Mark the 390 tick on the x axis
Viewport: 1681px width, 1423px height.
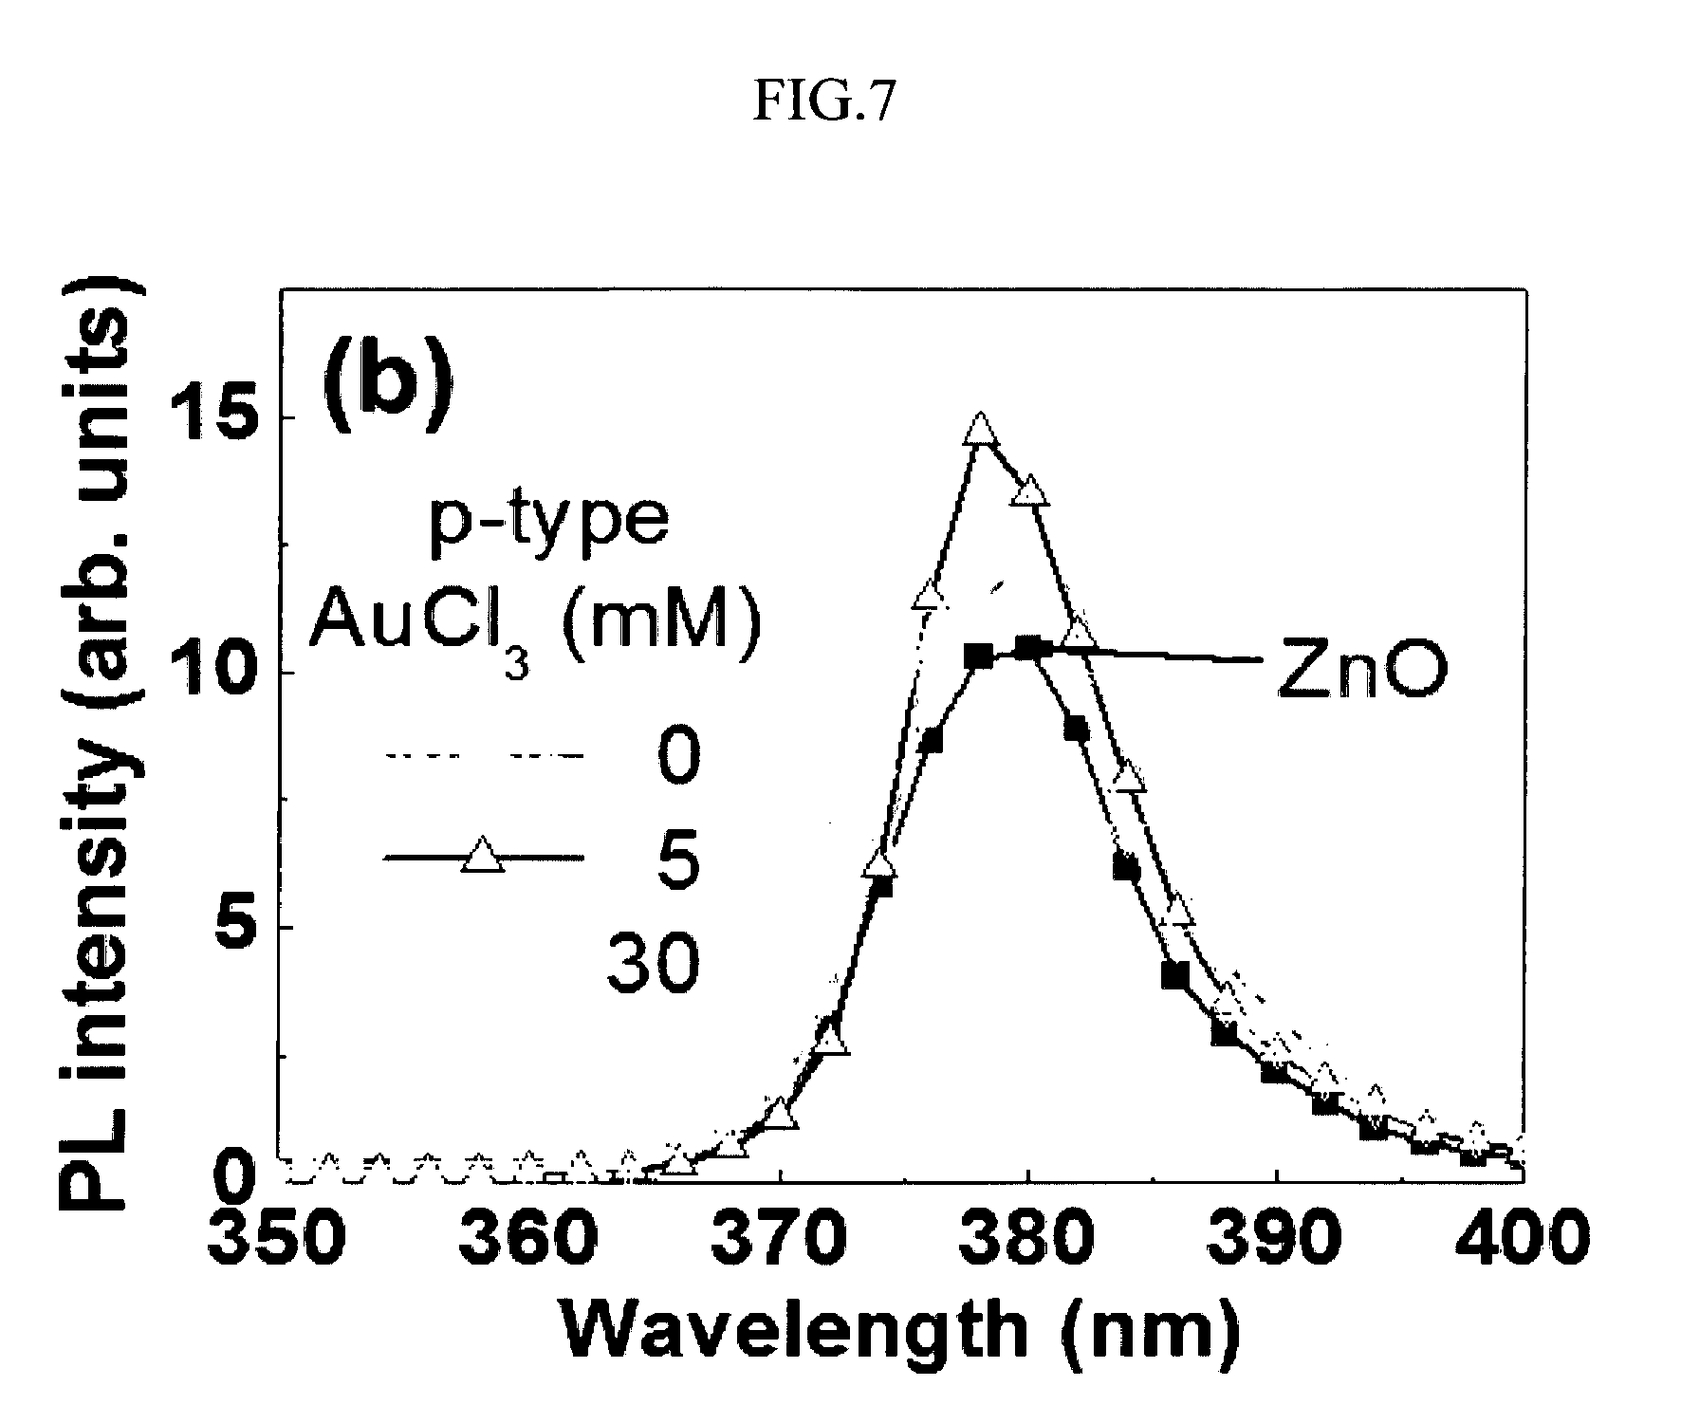pos(1277,1235)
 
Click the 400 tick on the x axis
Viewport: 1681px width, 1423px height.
pos(1524,1235)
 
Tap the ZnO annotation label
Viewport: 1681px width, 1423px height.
pos(1359,675)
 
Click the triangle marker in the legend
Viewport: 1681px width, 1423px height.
pos(482,855)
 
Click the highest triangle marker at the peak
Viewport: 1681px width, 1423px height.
pos(981,430)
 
